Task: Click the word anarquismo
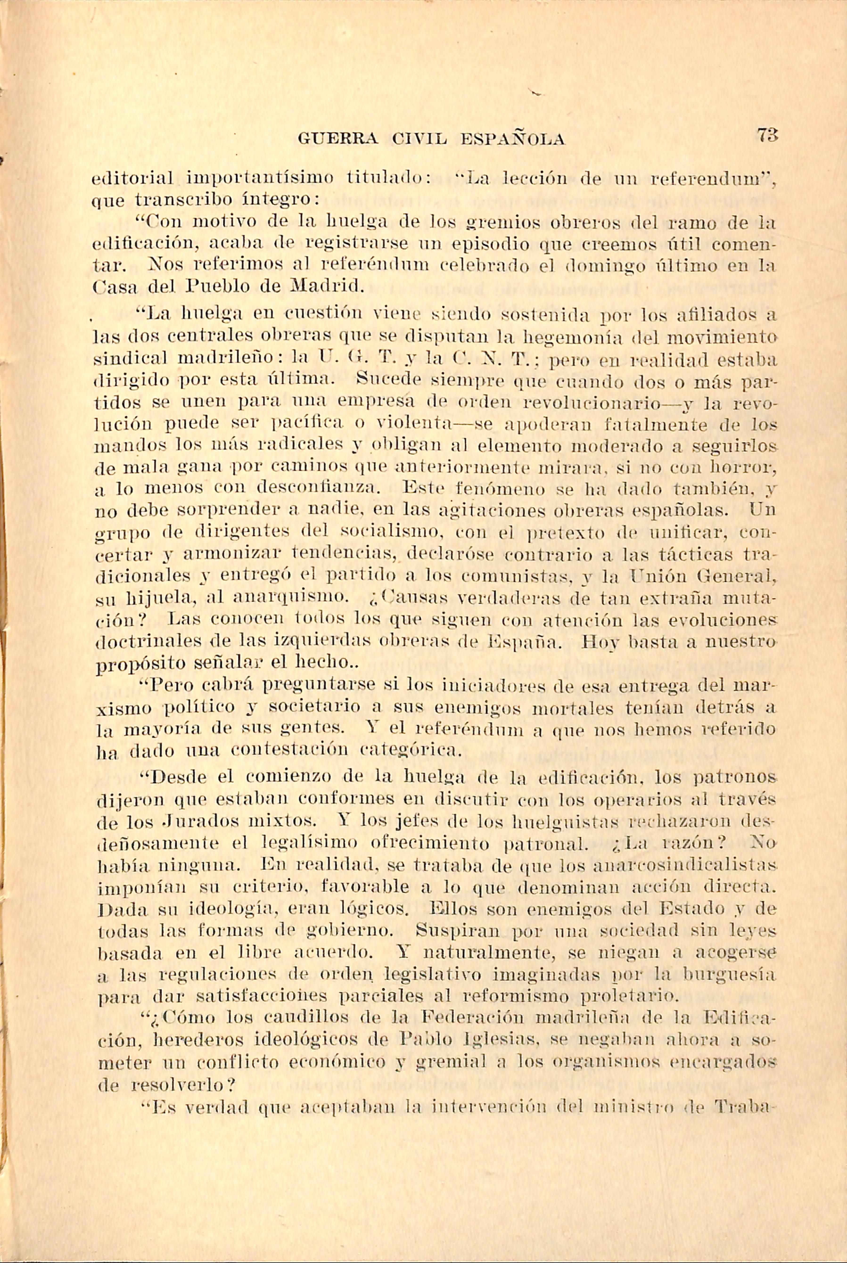click(289, 598)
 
